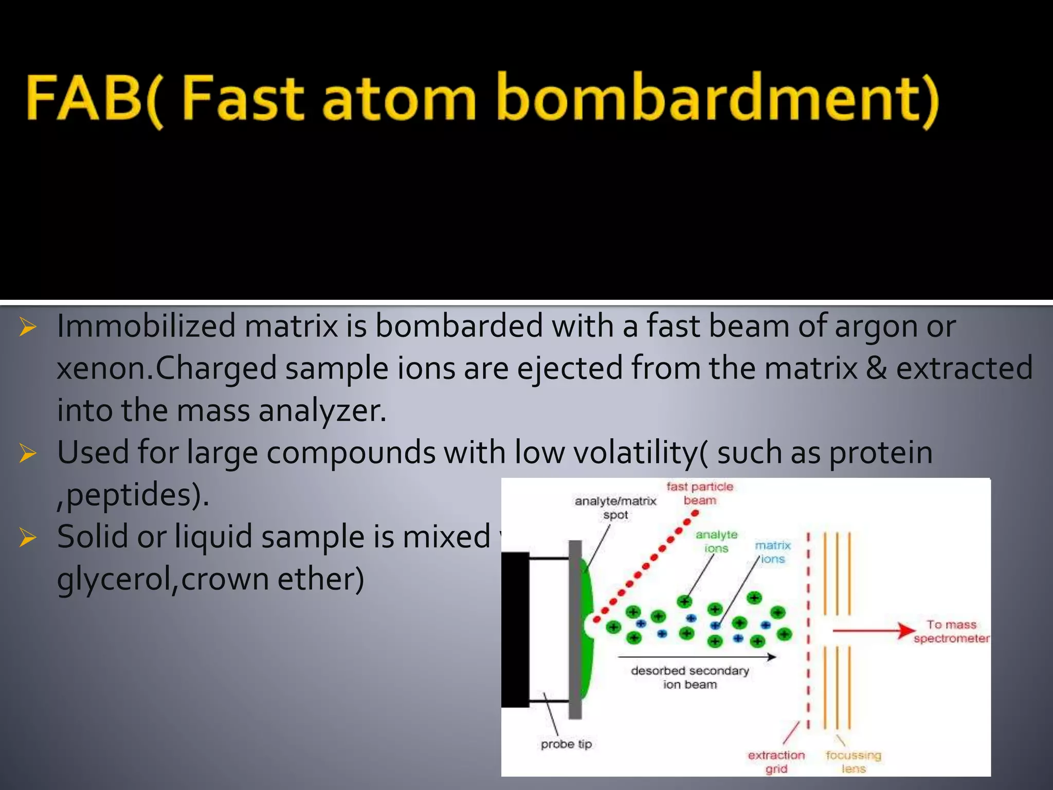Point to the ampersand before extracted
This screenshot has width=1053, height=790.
(876, 368)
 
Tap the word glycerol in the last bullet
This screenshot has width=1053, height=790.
(116, 580)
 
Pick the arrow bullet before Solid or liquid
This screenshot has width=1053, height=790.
(27, 537)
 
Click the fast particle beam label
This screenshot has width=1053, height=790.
(699, 493)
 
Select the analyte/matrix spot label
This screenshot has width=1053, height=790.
(615, 507)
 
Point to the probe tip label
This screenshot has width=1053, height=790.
(566, 744)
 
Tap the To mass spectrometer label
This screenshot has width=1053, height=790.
(951, 631)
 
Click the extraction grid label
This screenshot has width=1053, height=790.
(776, 762)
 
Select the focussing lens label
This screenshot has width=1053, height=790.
(853, 762)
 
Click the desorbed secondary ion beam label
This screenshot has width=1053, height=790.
(689, 677)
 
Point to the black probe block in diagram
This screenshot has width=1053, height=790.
(515, 630)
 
